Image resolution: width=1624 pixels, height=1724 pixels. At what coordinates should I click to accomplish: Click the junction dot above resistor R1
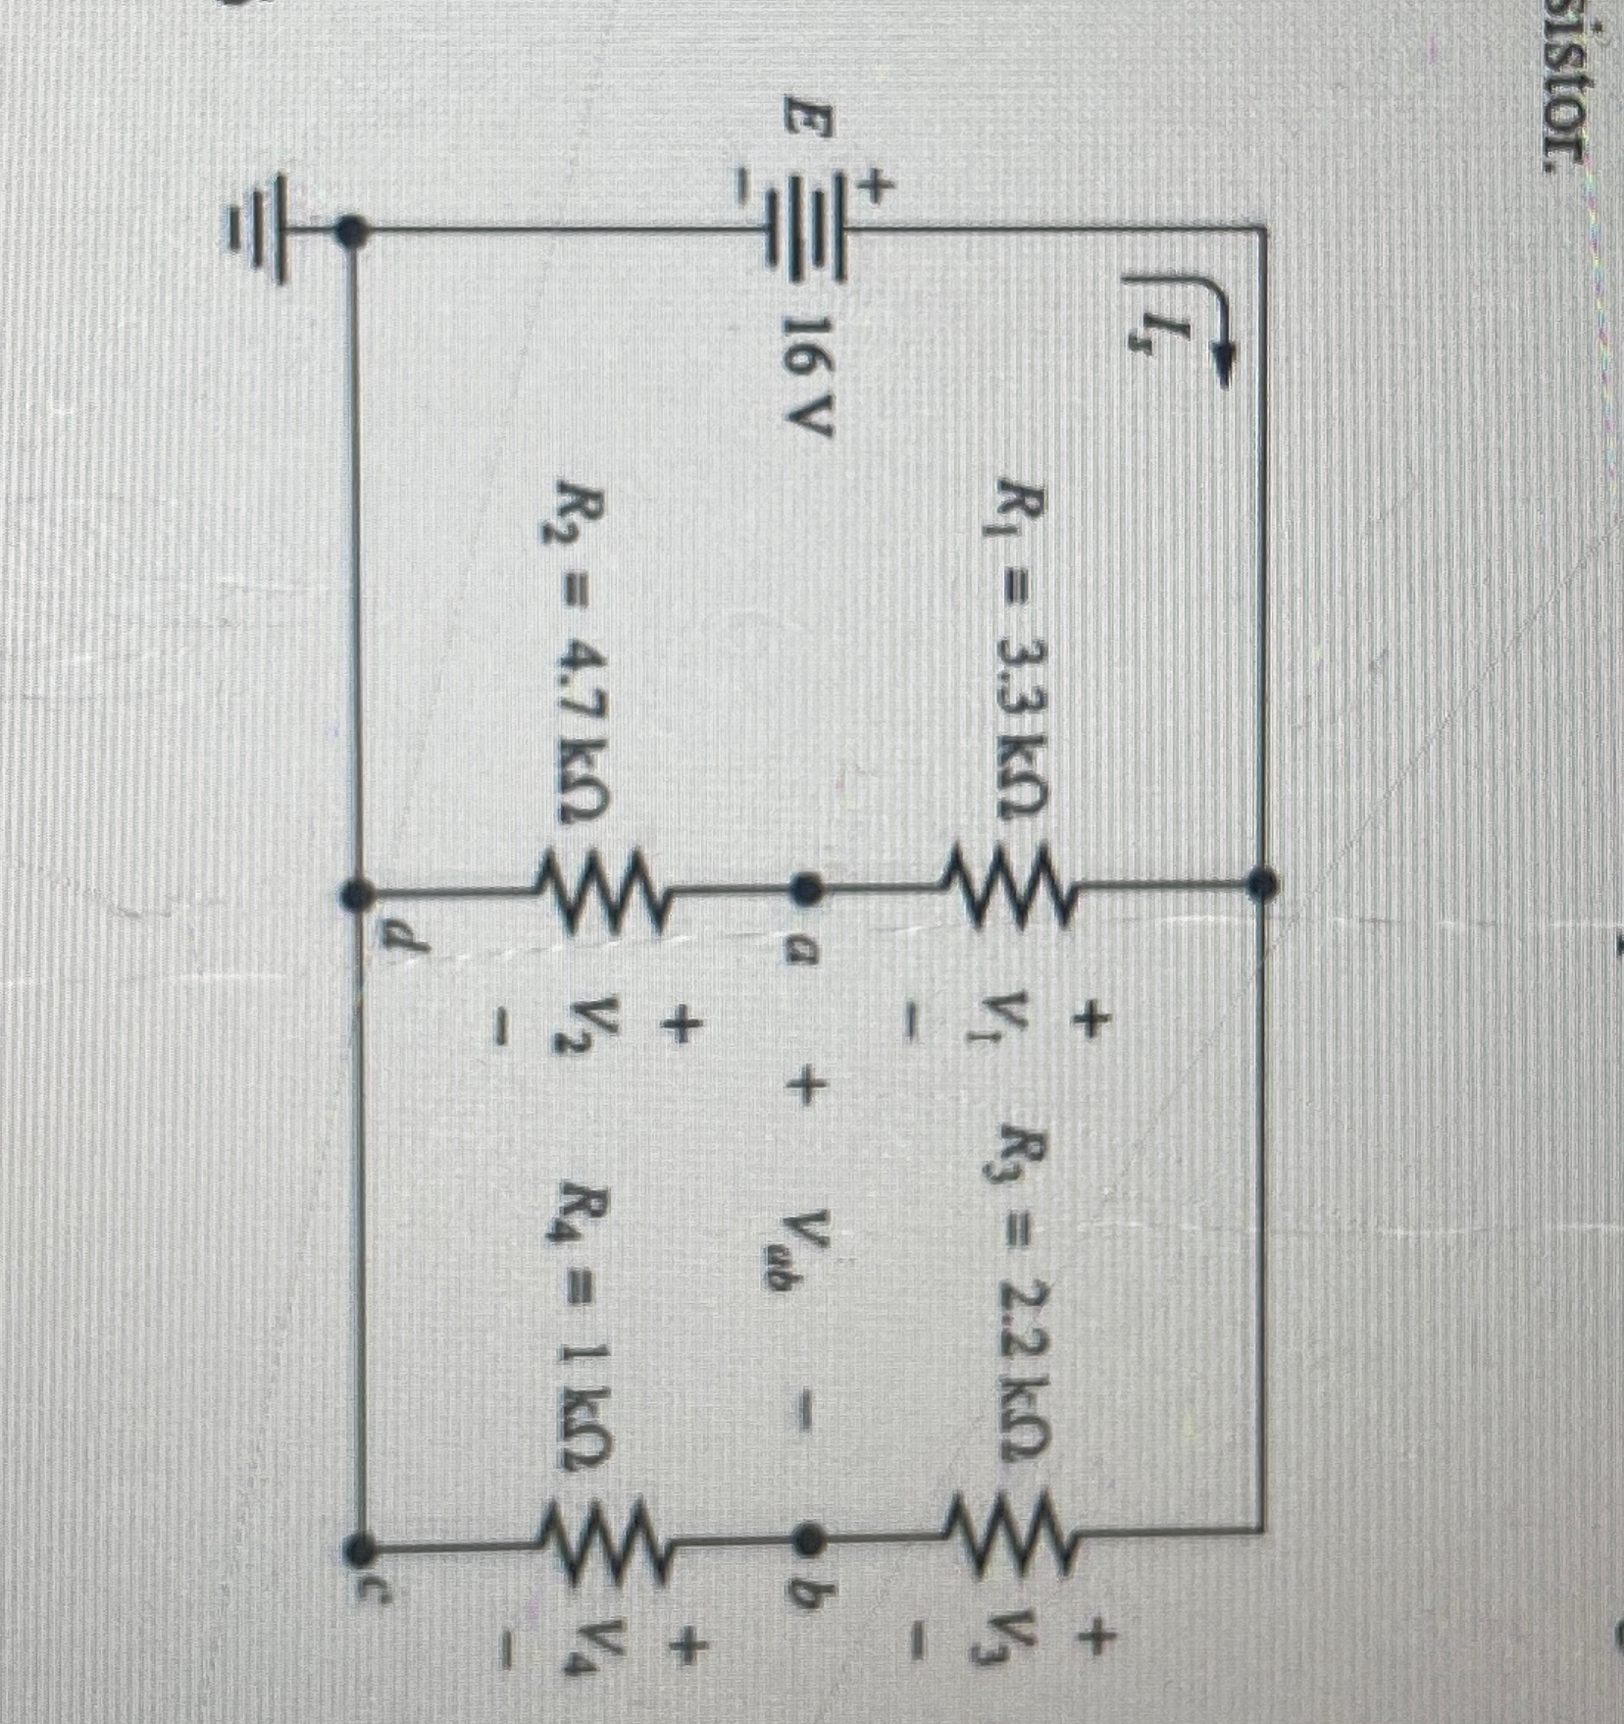coord(1260,883)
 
